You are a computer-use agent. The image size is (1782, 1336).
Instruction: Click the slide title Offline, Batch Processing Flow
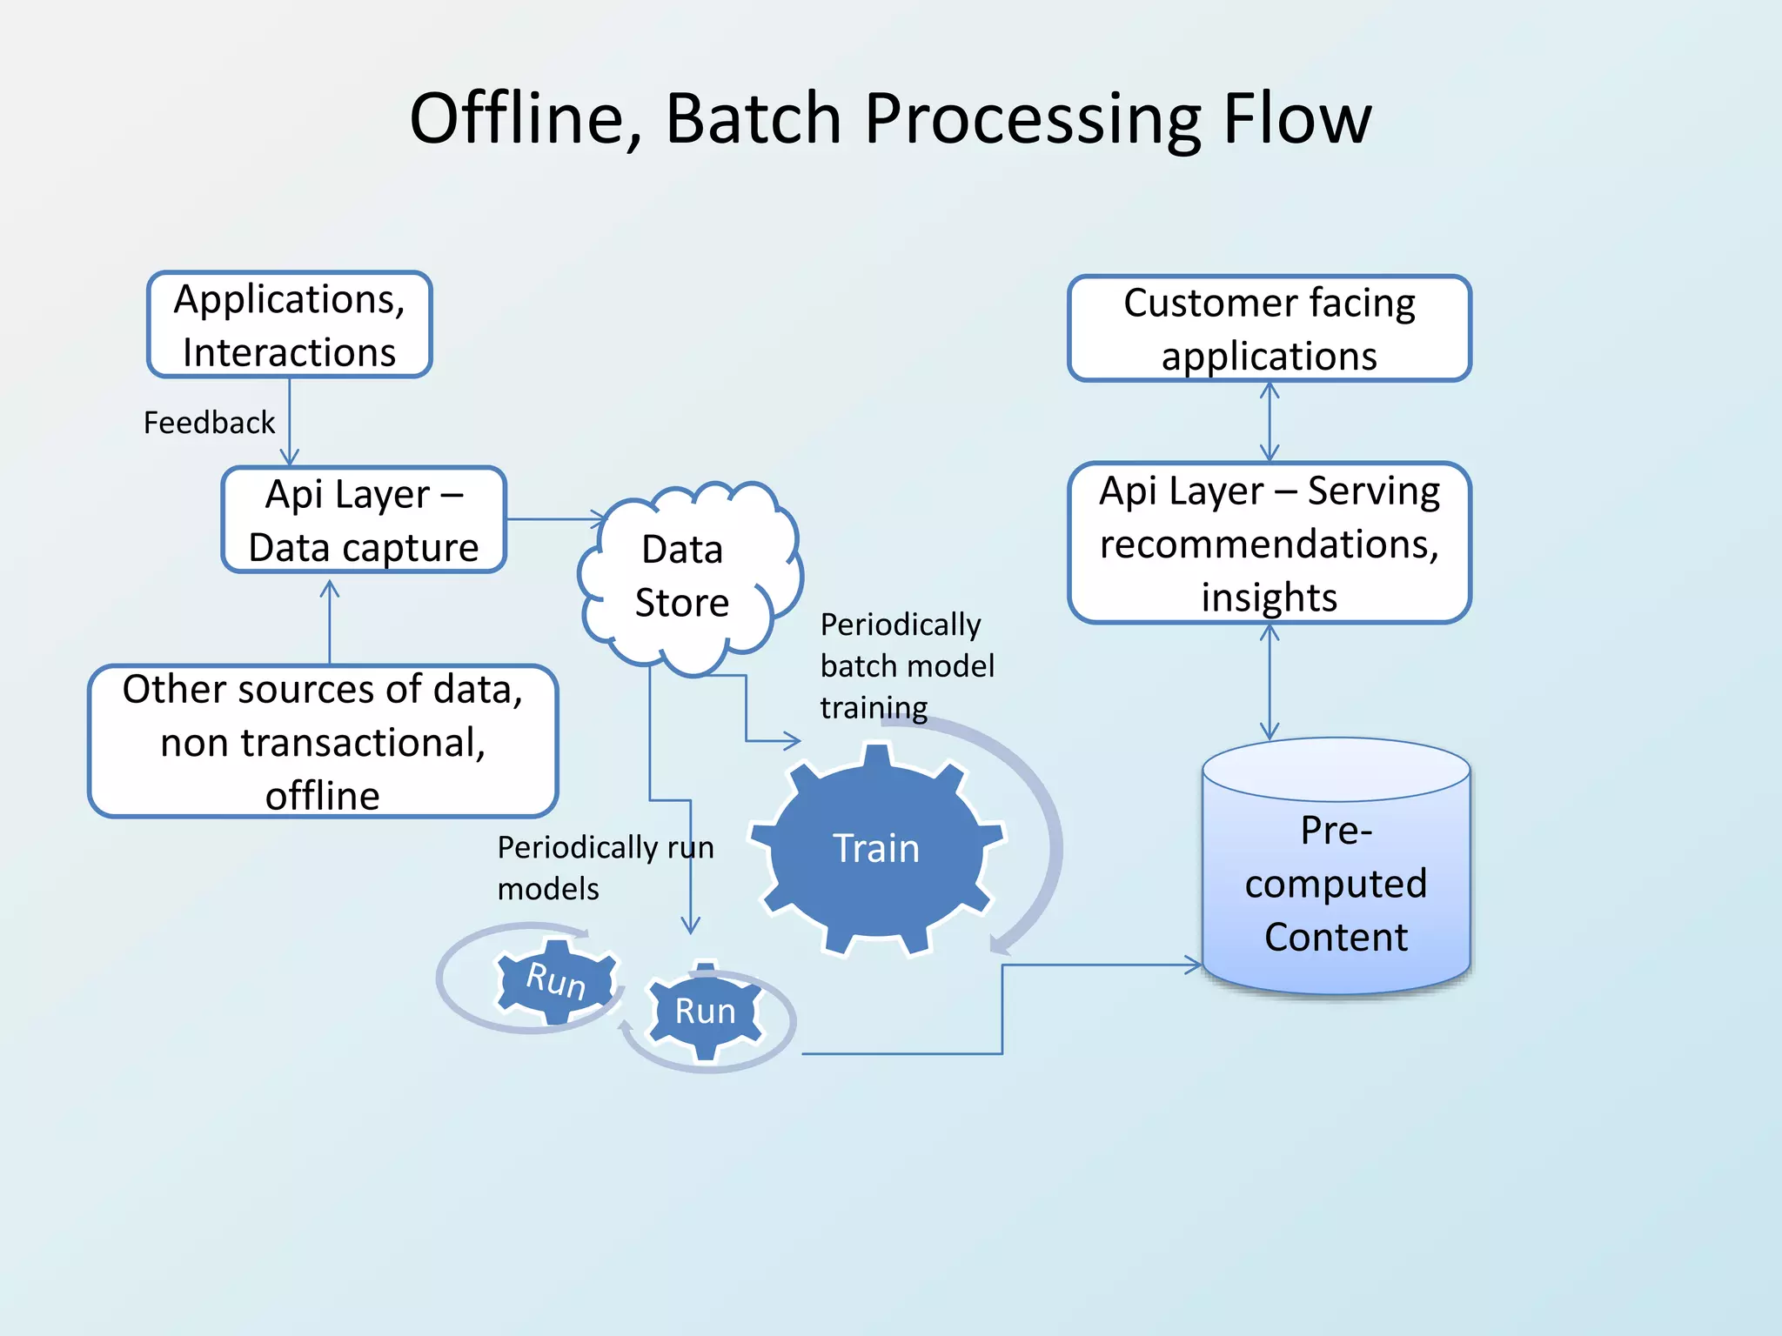(889, 119)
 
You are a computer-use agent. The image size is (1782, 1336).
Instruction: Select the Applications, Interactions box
(289, 325)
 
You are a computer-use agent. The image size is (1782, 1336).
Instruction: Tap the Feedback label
(209, 423)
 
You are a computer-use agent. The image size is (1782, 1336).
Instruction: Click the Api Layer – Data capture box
(364, 520)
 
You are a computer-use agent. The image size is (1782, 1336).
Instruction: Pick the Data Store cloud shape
(682, 576)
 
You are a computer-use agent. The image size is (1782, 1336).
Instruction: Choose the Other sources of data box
(322, 741)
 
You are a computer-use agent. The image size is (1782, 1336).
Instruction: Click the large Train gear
(875, 849)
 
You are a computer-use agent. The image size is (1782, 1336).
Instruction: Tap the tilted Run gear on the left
(555, 980)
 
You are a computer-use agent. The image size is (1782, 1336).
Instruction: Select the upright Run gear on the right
(705, 1012)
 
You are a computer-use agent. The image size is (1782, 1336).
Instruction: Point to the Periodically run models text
(605, 867)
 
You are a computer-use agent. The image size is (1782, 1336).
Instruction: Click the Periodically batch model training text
(906, 665)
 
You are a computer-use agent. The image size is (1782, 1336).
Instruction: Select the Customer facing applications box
(1269, 329)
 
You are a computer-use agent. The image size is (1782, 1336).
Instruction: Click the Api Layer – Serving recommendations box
(1269, 543)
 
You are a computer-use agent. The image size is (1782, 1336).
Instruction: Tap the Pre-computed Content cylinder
(1336, 883)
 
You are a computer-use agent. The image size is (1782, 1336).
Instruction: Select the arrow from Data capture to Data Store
(553, 519)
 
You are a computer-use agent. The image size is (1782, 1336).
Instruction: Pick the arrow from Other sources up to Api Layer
(329, 622)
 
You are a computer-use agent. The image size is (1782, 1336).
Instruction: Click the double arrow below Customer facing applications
(1270, 422)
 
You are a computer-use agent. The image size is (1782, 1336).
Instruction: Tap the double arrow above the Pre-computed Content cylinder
(1270, 682)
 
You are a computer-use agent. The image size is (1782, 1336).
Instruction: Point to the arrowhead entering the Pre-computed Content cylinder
(1194, 965)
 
